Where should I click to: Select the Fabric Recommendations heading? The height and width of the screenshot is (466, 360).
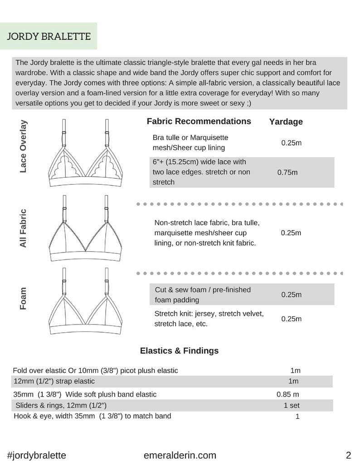coord(199,121)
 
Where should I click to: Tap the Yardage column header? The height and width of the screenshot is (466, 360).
coord(286,121)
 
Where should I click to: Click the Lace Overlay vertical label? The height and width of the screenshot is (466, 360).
coord(23,146)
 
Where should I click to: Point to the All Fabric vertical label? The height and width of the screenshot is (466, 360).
coord(23,228)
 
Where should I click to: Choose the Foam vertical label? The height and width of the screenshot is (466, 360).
coord(23,298)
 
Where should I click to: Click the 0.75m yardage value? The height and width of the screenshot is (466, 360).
coord(287,172)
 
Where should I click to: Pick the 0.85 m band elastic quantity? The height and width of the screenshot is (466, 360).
coord(287,394)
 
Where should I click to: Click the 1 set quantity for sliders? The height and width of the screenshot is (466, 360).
coord(291,405)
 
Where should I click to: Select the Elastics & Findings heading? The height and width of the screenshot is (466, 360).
coord(179,350)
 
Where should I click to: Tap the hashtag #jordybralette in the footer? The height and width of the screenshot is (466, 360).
coord(37,455)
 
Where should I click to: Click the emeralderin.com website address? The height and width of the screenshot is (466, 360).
coord(180,455)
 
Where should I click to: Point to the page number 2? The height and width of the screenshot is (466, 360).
coord(348,455)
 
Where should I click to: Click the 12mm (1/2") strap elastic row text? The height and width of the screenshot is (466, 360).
coord(54,381)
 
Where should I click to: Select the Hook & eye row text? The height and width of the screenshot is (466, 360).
coord(92,416)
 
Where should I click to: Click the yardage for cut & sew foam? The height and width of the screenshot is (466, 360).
coord(291,295)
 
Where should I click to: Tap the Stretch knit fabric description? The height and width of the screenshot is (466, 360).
coord(209,319)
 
